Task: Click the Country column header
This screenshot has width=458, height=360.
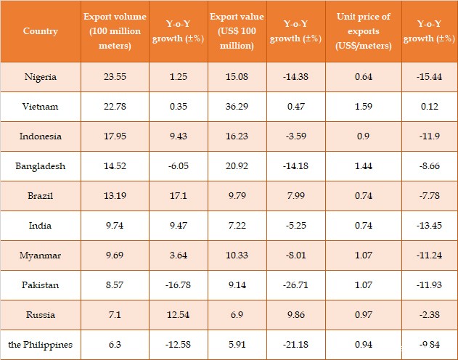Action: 41,31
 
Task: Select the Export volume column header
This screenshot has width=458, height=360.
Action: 115,31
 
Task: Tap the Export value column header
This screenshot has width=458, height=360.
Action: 232,31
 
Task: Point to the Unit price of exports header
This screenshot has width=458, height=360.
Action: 363,31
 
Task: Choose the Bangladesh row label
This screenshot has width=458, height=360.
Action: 41,166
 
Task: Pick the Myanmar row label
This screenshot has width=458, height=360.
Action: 41,255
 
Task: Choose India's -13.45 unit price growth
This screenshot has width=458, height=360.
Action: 428,226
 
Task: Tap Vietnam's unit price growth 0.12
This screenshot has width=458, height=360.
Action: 428,107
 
